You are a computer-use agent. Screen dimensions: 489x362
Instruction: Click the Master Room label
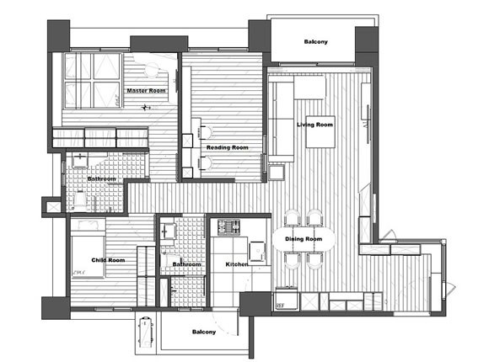coord(146,91)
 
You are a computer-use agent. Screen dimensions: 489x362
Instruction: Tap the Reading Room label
coord(228,147)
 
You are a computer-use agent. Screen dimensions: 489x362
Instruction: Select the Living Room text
coord(315,125)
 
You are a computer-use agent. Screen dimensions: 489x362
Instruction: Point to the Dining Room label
coord(304,239)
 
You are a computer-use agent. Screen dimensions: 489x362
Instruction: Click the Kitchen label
coord(237,264)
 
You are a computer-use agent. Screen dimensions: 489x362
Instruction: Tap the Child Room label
coord(108,260)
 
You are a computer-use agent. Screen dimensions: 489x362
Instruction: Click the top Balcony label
coord(316,41)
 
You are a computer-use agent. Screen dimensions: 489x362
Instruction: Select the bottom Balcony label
coord(204,332)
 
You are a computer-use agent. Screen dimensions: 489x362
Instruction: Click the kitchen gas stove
coord(229,227)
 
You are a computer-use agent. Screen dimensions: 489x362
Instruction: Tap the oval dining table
coord(304,239)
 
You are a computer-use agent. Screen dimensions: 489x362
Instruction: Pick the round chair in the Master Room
coord(153,70)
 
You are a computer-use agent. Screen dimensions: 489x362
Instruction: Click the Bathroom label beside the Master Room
coord(102,178)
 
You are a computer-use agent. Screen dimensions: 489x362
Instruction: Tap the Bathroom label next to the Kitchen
coord(187,264)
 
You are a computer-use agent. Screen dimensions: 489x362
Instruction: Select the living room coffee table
coord(320,132)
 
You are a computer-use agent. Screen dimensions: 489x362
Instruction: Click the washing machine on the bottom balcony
coord(146,332)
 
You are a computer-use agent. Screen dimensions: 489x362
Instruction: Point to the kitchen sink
coord(257,252)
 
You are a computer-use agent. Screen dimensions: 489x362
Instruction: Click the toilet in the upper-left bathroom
coord(79,200)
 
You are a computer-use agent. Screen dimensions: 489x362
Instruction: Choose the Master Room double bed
coord(92,81)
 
